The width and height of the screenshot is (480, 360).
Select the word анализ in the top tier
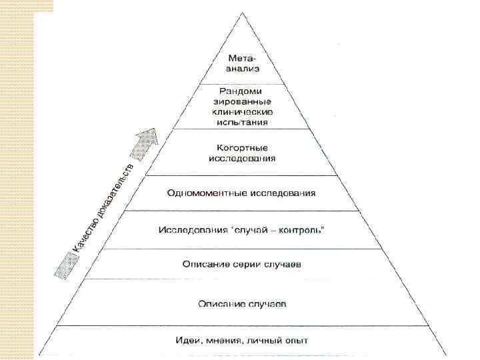tap(242, 68)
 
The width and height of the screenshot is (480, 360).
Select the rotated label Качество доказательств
tap(107, 205)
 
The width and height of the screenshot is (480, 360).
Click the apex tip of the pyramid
tap(241, 11)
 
